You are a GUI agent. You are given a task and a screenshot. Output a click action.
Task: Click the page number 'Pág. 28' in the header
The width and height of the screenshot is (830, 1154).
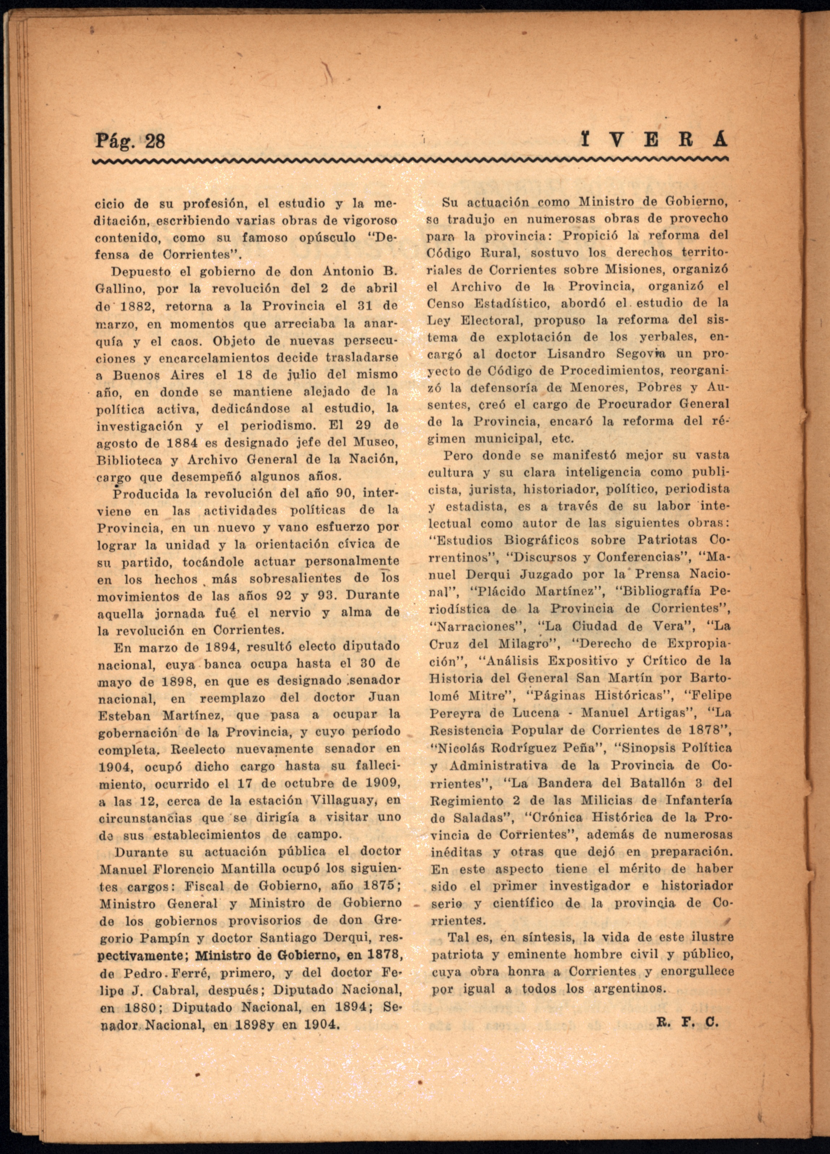click(x=130, y=140)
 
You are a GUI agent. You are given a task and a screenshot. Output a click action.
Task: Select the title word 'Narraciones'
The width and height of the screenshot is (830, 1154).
click(x=473, y=627)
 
